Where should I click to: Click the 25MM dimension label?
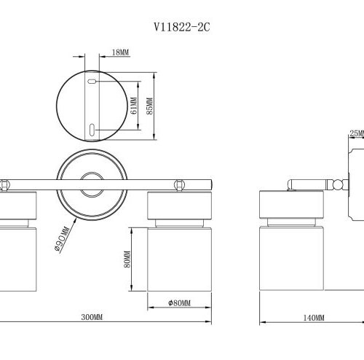(356, 133)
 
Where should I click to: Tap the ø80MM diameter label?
(178, 303)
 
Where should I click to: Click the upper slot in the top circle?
(92, 83)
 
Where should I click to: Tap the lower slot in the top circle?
(92, 128)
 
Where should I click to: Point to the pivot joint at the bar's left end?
(4, 184)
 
